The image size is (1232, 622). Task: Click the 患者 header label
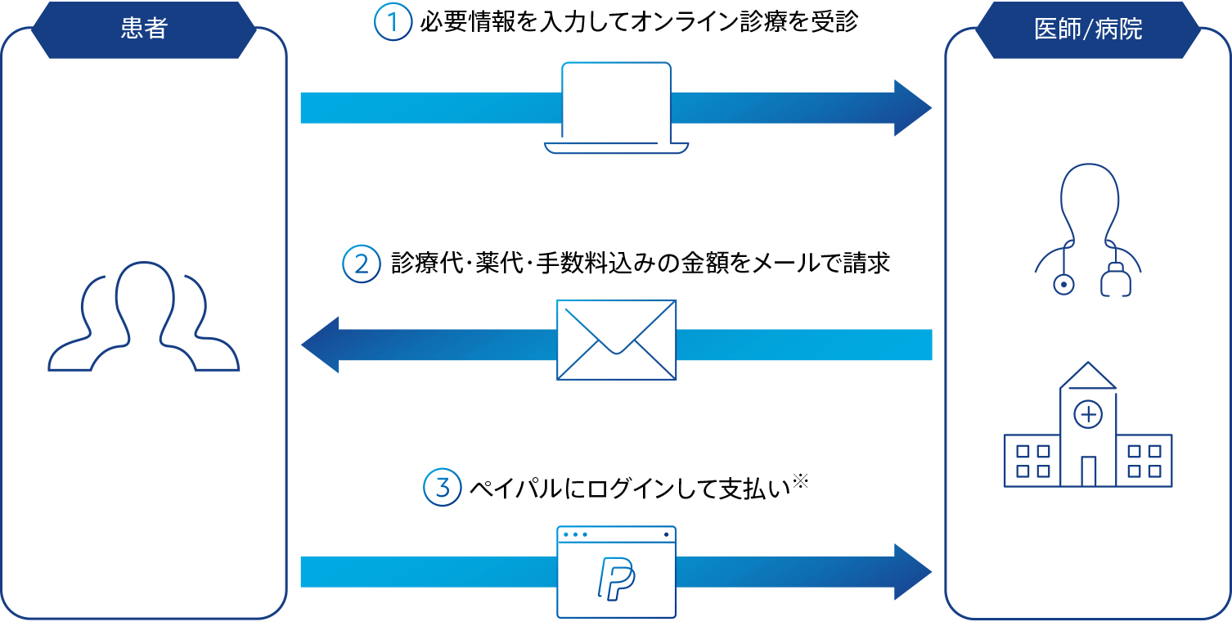[144, 29]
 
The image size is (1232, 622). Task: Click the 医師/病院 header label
[1088, 29]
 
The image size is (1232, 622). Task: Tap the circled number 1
[392, 23]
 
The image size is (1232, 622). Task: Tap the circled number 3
[442, 489]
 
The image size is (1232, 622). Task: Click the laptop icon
[616, 109]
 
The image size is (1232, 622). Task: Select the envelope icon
[616, 340]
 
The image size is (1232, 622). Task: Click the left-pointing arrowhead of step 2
[321, 345]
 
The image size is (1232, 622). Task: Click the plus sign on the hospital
[1088, 415]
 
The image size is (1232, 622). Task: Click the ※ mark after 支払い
[800, 483]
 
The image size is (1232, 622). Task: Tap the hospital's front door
[1088, 471]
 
